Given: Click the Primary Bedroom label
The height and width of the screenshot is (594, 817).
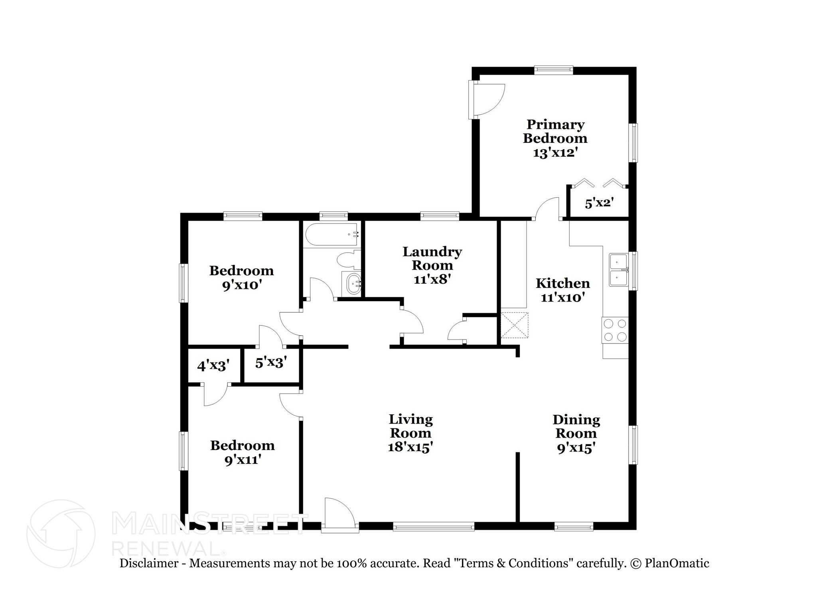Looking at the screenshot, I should coord(555,131).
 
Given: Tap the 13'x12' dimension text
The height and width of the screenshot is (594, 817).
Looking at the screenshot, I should coord(555,152).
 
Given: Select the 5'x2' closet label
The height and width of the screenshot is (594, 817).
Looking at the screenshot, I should coord(598,203).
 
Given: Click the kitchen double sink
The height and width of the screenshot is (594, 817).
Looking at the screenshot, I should coord(618,270).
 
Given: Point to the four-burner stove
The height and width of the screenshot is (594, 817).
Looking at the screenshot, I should coord(615,330).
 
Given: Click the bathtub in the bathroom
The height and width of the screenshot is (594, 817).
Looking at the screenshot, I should coord(332,235).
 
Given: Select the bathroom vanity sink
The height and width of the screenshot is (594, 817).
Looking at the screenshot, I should coord(352,284).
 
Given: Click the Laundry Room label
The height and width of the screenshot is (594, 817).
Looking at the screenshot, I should coord(432,258).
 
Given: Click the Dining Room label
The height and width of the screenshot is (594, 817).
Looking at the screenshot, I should coord(576,426).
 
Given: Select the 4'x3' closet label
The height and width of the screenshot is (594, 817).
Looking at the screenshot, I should coord(213,365).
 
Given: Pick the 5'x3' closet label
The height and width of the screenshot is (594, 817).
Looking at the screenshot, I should coord(271,363).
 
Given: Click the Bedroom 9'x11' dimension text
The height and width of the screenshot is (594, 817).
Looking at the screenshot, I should coord(243,460).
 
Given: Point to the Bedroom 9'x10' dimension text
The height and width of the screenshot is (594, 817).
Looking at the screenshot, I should coord(242,286).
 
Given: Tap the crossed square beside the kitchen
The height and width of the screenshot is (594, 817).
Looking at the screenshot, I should coord(514,326).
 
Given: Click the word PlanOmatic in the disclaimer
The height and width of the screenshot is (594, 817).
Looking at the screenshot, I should coord(677,563).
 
